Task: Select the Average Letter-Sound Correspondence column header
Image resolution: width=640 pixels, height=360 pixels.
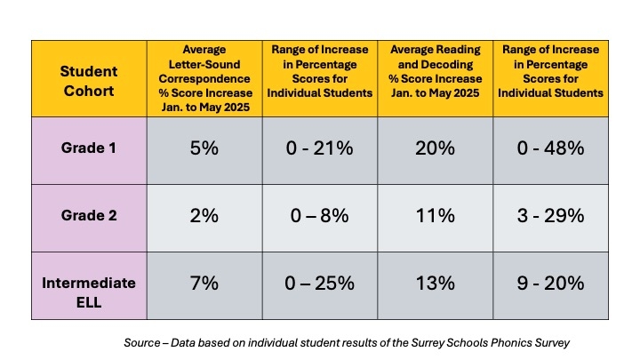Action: click(x=204, y=78)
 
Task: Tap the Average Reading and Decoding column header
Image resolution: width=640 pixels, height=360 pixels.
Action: click(x=436, y=78)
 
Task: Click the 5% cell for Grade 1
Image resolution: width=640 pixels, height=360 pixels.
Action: click(x=204, y=148)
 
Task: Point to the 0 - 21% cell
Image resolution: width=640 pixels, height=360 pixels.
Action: click(x=320, y=148)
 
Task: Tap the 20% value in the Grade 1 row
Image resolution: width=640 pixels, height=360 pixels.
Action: click(x=436, y=148)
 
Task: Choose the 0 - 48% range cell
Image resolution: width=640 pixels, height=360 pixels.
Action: click(x=551, y=148)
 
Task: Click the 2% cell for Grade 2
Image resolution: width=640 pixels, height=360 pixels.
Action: click(x=204, y=216)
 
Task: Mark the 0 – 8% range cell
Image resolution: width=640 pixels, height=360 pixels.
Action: click(x=320, y=216)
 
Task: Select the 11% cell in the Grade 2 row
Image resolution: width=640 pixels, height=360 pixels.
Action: click(x=436, y=216)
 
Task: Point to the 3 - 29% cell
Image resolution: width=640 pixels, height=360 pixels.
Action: click(x=551, y=216)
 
